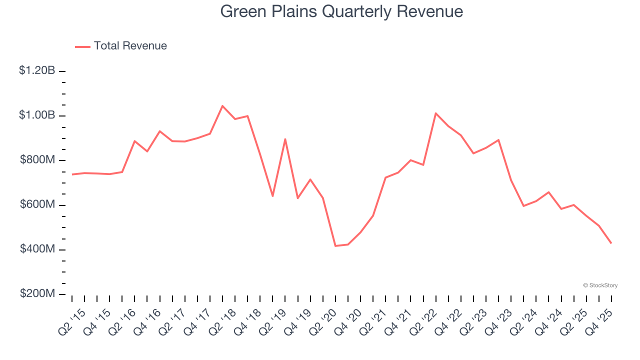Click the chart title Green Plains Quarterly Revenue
pos(341,11)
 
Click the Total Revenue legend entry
pos(121,46)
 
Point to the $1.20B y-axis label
pos(37,70)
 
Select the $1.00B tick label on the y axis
pos(37,115)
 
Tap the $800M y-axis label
pos(37,160)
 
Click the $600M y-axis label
pos(37,204)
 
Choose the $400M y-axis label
pos(37,249)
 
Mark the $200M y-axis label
pos(37,293)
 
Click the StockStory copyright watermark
pos(600,285)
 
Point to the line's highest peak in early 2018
pos(222,106)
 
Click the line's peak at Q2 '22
pos(435,113)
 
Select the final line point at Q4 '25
pos(611,243)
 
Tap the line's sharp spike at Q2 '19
pos(285,139)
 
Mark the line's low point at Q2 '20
pos(335,246)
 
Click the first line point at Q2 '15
pos(72,174)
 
